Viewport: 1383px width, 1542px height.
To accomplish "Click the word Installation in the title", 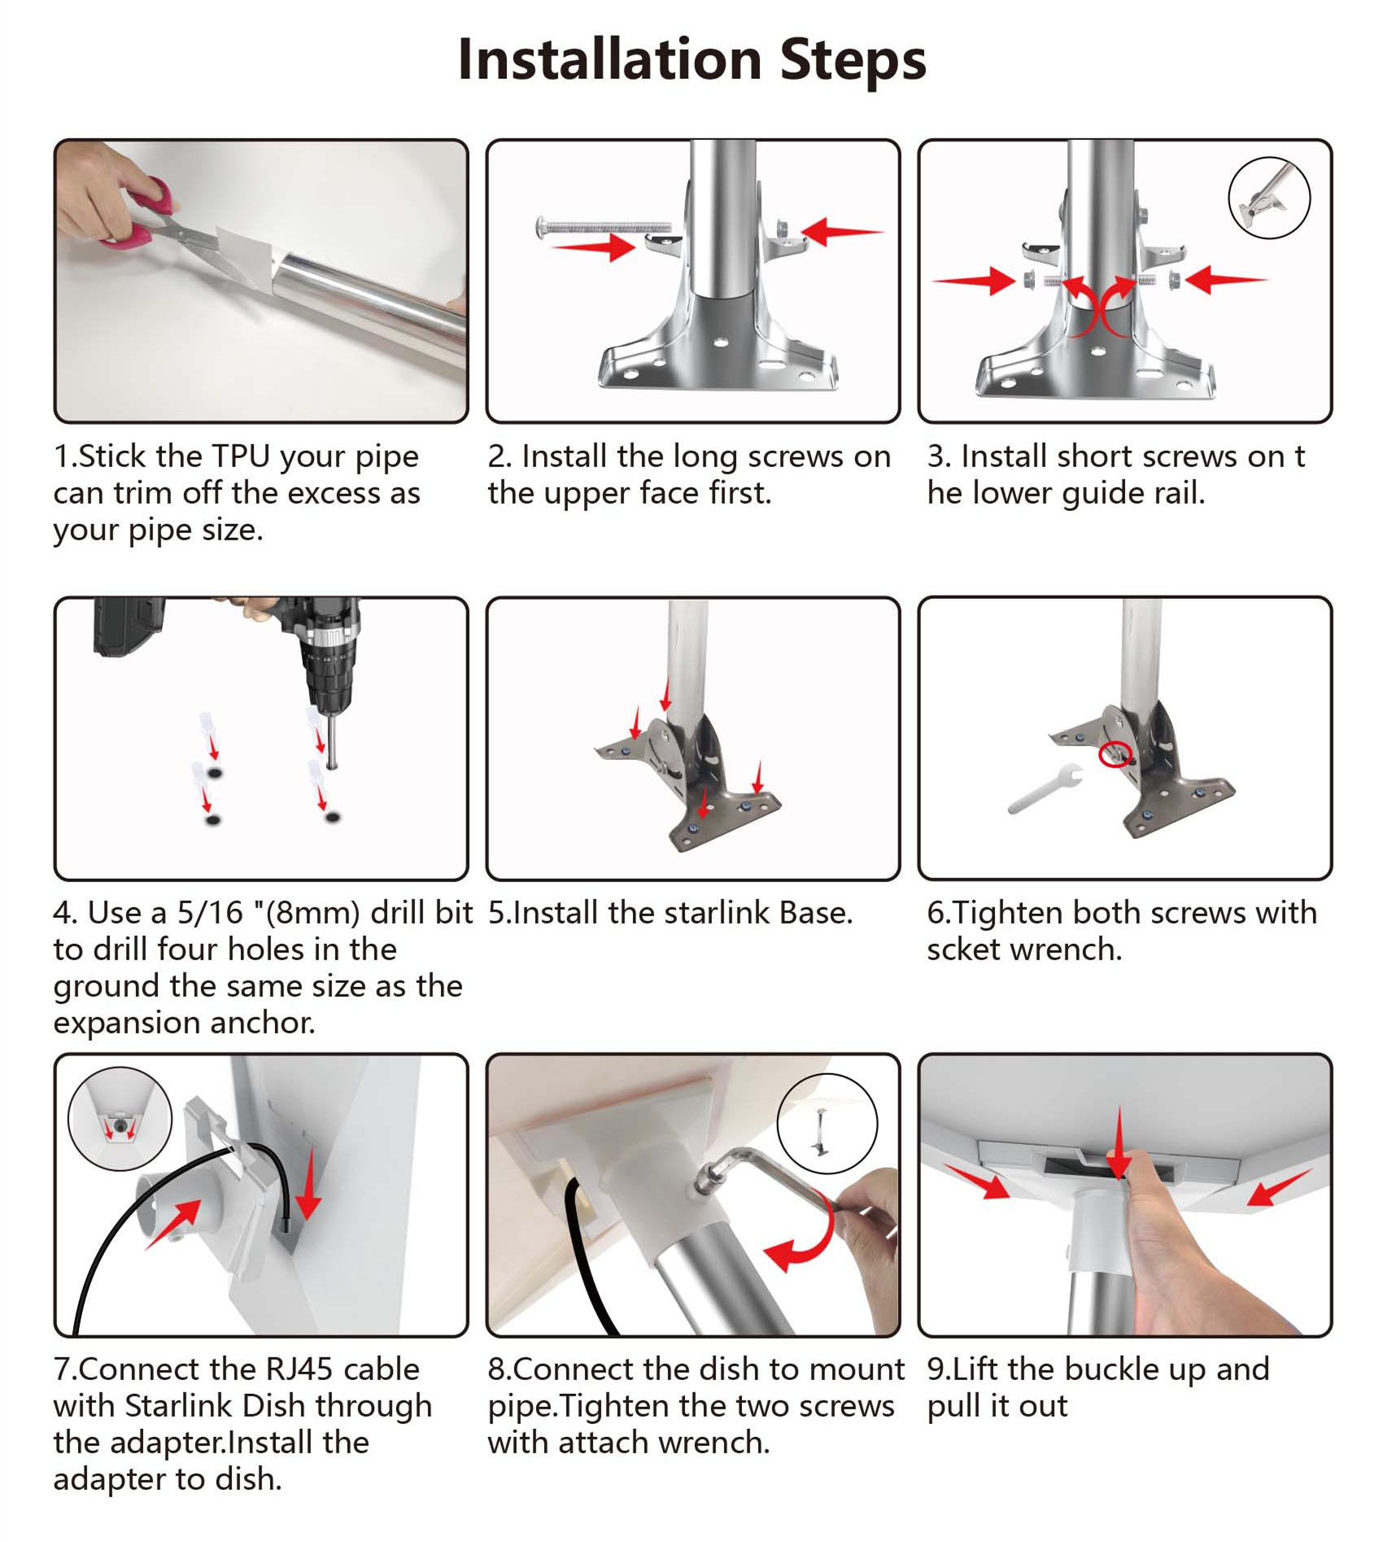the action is [609, 59].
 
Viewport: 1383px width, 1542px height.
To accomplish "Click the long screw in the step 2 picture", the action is [603, 226].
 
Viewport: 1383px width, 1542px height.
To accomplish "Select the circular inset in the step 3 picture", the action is [1268, 198].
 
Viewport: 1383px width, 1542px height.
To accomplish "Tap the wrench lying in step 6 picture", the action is [1045, 788].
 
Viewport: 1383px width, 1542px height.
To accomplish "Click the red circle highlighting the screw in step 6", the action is [1114, 754].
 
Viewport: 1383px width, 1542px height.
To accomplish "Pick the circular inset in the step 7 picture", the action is [120, 1118].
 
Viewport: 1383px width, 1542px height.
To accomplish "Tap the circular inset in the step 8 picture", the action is [827, 1123].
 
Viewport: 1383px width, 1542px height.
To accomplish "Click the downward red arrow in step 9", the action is [1120, 1142].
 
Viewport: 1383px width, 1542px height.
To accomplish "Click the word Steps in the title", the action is [853, 59].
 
